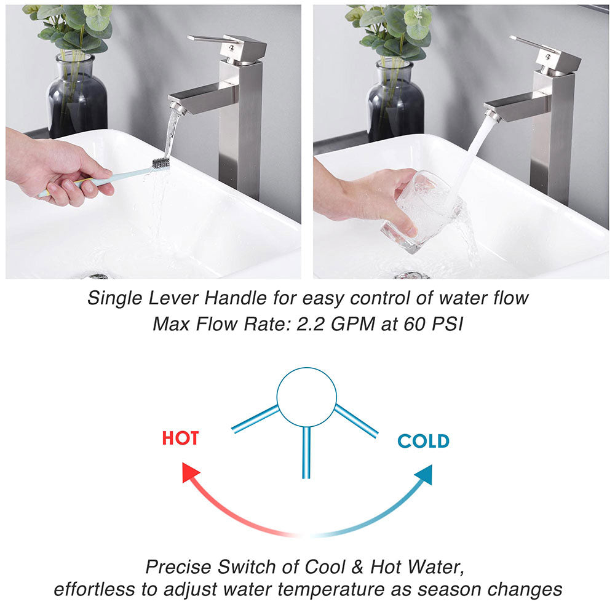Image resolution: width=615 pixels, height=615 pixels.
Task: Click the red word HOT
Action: [180, 438]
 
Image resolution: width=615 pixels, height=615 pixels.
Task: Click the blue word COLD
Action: [424, 441]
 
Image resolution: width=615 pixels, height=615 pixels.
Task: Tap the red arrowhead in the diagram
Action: [190, 472]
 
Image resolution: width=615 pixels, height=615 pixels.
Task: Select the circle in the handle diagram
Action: [307, 368]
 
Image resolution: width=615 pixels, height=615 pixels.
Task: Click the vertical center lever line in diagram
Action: [306, 453]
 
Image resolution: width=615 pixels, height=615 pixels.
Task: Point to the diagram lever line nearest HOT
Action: [255, 419]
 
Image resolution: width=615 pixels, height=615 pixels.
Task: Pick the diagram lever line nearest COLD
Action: [356, 421]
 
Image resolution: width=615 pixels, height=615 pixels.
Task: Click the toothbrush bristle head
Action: [161, 163]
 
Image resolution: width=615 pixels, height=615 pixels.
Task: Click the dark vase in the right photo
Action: [395, 100]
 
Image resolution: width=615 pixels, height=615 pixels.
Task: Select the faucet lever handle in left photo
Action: [228, 48]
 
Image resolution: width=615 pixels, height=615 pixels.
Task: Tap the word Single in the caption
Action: [114, 298]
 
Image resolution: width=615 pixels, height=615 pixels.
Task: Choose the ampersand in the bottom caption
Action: [357, 567]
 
